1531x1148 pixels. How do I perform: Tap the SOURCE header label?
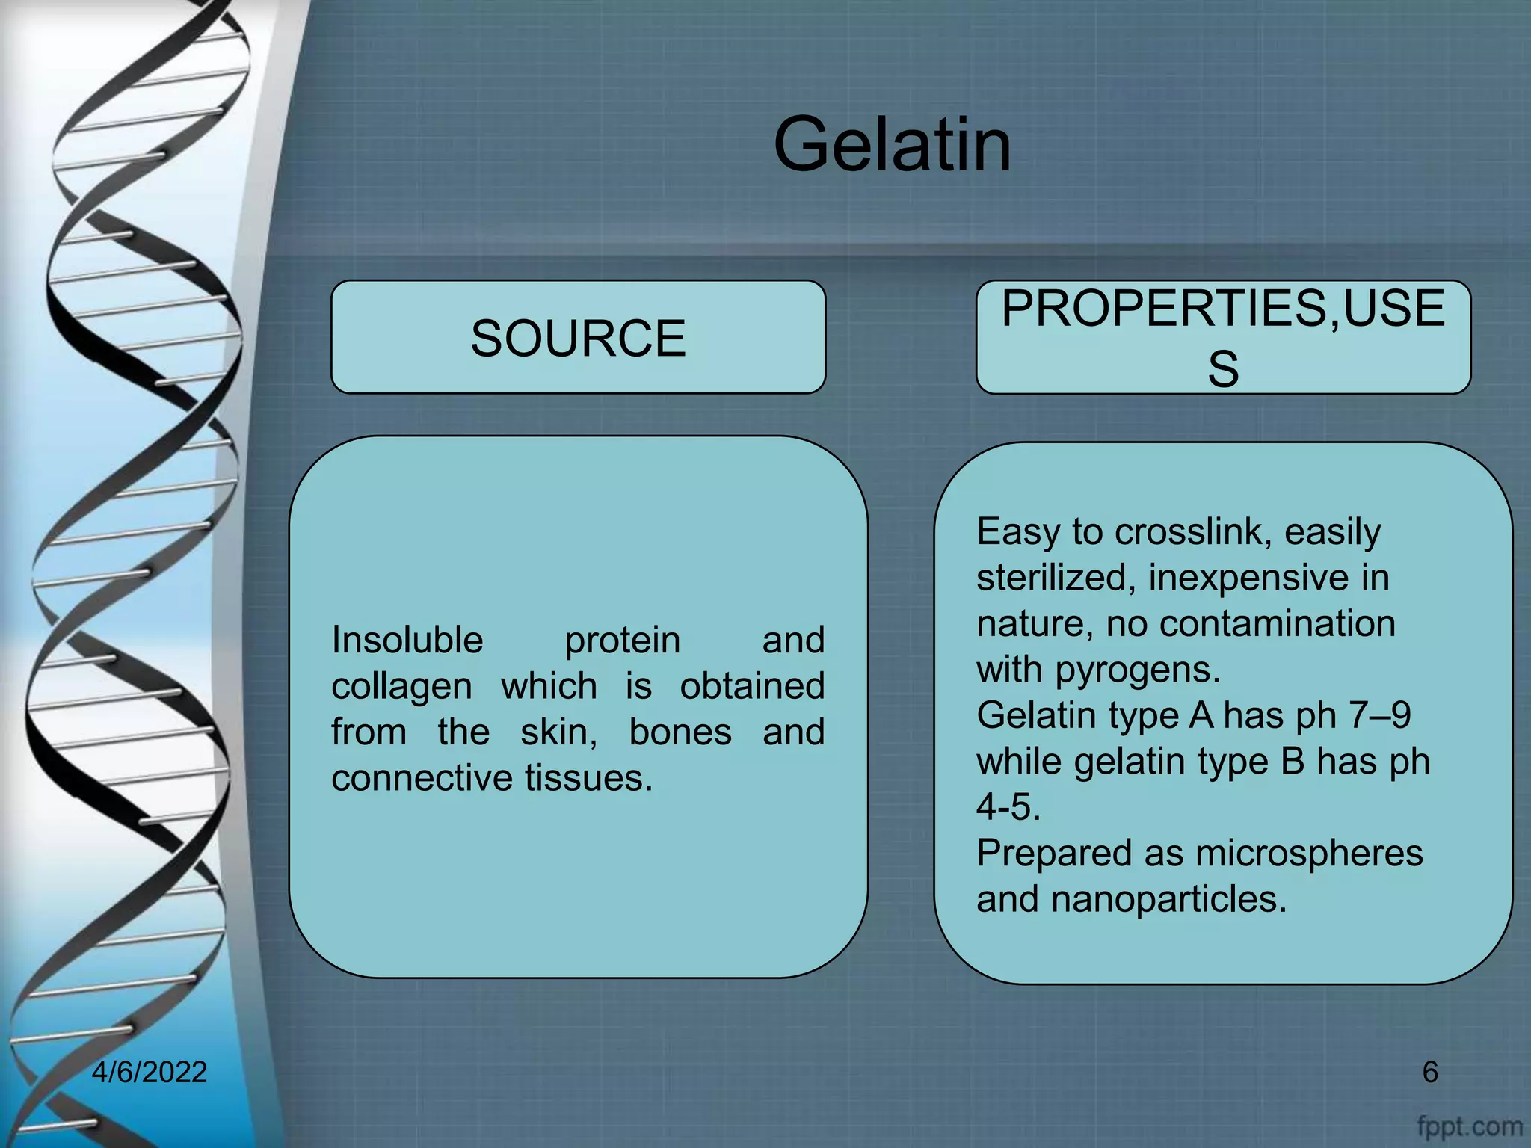coord(578,338)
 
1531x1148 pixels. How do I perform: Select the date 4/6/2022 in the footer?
coord(150,1072)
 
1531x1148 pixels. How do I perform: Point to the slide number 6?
coord(1429,1072)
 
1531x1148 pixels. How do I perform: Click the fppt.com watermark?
coord(1469,1126)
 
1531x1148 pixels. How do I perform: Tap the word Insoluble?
coord(407,641)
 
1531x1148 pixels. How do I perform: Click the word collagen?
coord(401,687)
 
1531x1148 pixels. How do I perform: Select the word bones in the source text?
coord(680,732)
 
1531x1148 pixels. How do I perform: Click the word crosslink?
coord(1193,532)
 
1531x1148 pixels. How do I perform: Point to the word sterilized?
coord(1056,578)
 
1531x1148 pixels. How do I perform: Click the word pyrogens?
coord(1137,670)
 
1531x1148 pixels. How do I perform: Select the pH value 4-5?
coord(1008,807)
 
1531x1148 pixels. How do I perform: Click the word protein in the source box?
coord(622,641)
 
